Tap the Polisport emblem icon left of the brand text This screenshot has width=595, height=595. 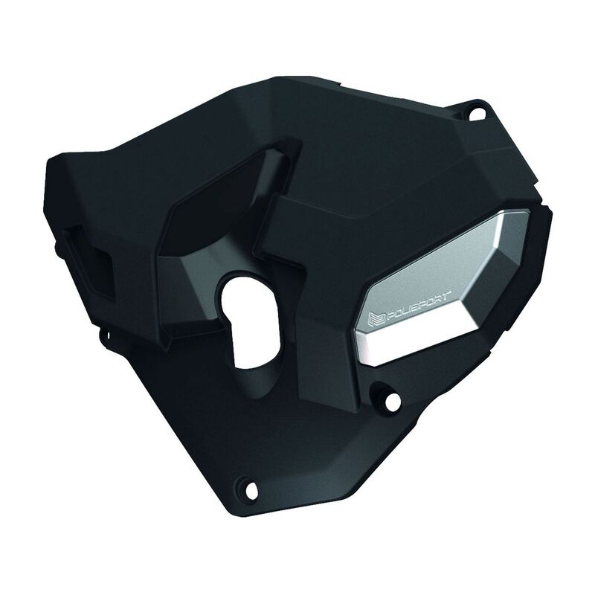tap(376, 319)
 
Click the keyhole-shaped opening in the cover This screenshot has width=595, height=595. tap(251, 321)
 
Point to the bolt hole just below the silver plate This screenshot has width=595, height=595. tap(393, 400)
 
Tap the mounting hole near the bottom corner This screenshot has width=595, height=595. tap(251, 490)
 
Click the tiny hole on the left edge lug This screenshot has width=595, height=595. tap(108, 335)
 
